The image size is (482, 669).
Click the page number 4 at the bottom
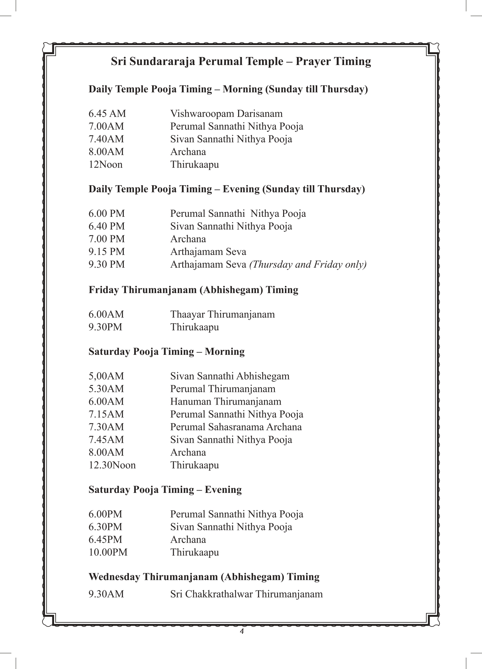tap(241, 631)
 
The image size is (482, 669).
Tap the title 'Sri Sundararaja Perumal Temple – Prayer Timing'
tap(241, 61)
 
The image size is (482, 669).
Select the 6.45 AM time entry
tap(107, 114)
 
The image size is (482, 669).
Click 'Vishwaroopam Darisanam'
tap(226, 114)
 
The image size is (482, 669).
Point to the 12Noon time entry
tap(106, 165)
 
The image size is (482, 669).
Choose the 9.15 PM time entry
tap(107, 252)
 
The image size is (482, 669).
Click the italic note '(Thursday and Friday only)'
tap(308, 264)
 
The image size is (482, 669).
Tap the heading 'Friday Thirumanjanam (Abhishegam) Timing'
tap(193, 290)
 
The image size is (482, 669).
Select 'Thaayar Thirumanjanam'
tap(222, 314)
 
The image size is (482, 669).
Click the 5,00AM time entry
tap(106, 376)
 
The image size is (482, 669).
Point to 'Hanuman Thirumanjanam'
tap(225, 401)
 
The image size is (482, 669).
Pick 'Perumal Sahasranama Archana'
tap(236, 427)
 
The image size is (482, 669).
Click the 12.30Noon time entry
tap(112, 465)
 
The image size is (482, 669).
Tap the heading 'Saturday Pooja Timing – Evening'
tap(165, 490)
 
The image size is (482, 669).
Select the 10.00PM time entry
tap(108, 552)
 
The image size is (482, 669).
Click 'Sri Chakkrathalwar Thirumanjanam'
tap(246, 594)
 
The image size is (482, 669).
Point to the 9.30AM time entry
tap(106, 594)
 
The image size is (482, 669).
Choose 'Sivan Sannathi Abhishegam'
tap(230, 376)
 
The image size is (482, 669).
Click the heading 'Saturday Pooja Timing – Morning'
tap(167, 352)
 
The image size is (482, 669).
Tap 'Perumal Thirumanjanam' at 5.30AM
tap(222, 389)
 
